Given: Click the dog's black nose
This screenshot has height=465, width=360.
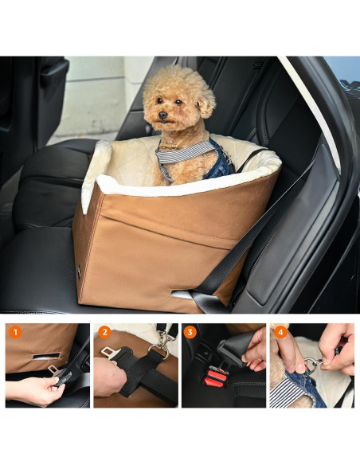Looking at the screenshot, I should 159,115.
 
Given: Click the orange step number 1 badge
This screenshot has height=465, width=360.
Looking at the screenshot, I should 15,332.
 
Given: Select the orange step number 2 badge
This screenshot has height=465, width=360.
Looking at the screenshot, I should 104,332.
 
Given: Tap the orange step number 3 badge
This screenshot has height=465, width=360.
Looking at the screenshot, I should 190,332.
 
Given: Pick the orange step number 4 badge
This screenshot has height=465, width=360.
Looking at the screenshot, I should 280,332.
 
